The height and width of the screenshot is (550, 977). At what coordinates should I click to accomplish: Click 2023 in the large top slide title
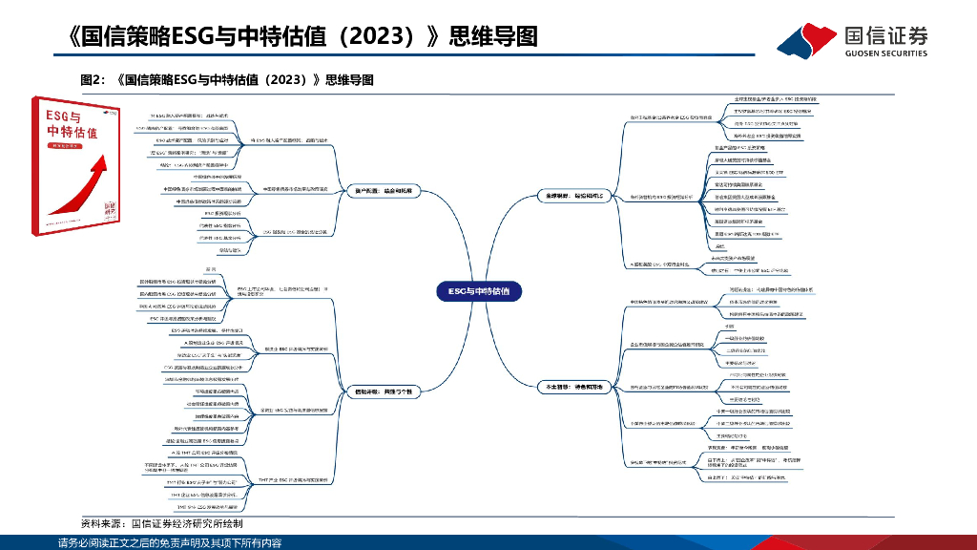(x=366, y=36)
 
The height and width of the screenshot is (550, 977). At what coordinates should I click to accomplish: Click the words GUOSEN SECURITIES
(x=886, y=53)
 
